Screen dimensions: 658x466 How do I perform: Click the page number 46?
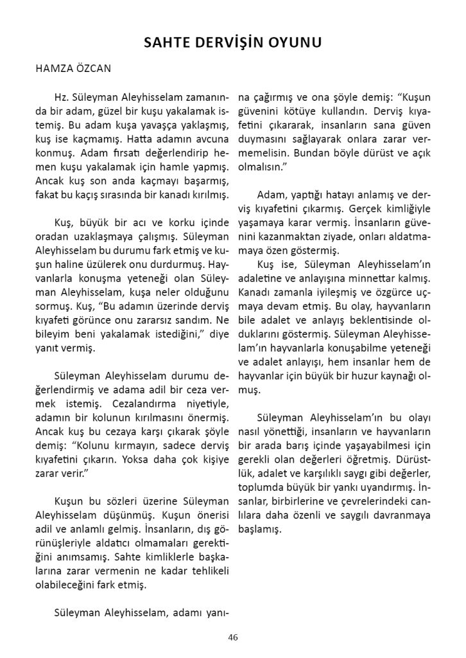click(232, 637)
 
